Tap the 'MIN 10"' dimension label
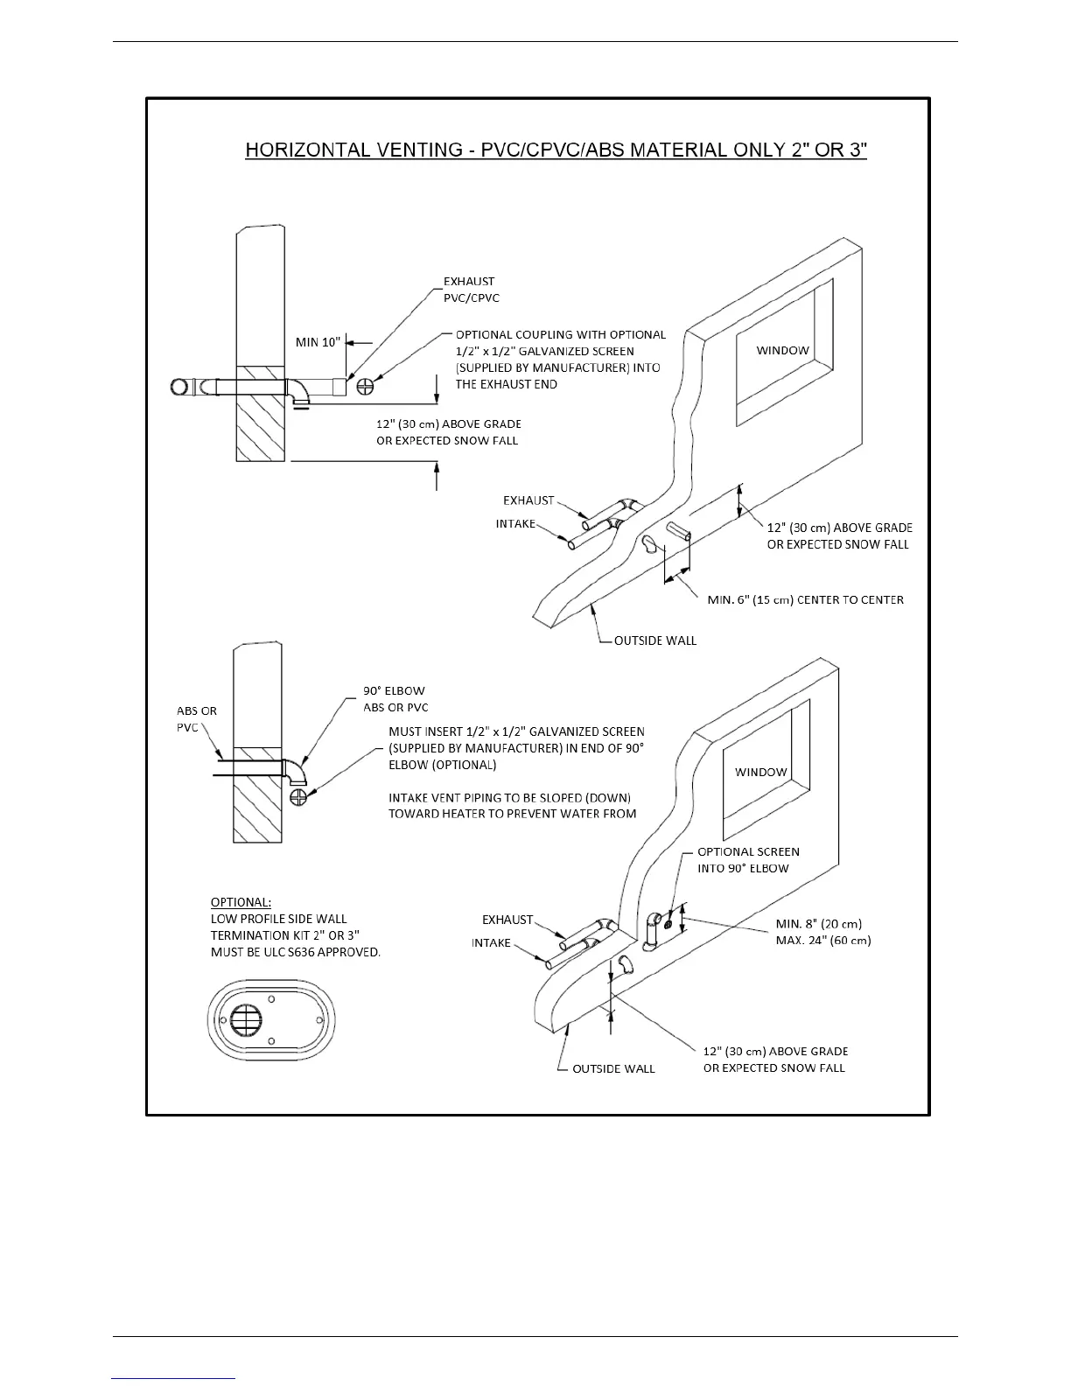pos(318,342)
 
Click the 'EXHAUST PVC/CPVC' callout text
pos(471,290)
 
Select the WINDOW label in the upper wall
pos(782,350)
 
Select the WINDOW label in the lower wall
pos(760,772)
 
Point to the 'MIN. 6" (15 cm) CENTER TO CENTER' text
pos(805,599)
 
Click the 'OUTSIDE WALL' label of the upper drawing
pos(654,640)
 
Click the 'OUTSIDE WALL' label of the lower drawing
pos(613,1068)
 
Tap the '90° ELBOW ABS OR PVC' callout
pos(395,699)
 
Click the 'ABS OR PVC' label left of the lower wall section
pos(196,719)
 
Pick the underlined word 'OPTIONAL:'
pos(241,902)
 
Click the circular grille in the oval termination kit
pos(247,1019)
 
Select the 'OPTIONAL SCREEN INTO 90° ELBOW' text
pos(747,860)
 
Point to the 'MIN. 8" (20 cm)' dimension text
pos(818,924)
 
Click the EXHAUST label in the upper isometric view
pos(528,500)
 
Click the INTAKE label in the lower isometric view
pos(491,942)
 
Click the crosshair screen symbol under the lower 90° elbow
pos(299,796)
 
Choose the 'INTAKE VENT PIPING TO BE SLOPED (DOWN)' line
pos(509,797)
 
